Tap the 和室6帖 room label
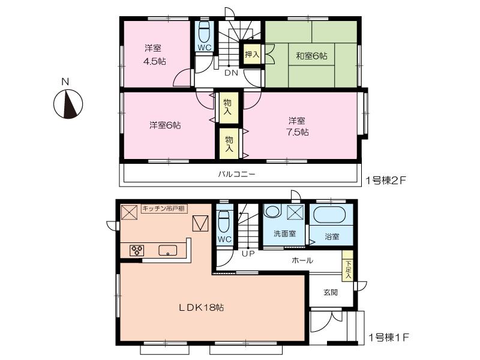(311, 56)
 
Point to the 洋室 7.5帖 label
(298, 126)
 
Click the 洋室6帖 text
(166, 125)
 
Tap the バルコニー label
(236, 175)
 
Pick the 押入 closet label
(251, 53)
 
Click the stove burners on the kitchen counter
(136, 251)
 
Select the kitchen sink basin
(168, 251)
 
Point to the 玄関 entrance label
(331, 292)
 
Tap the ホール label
(301, 261)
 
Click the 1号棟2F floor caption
(388, 179)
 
